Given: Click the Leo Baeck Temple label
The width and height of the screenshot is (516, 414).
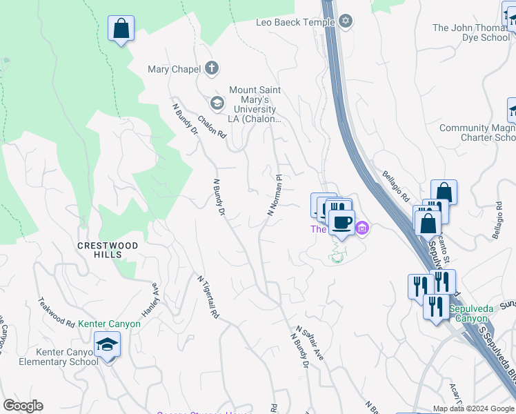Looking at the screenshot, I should pyautogui.click(x=295, y=22).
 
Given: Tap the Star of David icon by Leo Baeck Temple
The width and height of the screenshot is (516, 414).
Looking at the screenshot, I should pyautogui.click(x=346, y=22).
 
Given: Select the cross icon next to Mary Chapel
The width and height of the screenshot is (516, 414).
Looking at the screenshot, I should pyautogui.click(x=212, y=68).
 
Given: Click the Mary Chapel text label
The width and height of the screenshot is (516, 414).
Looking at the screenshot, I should pyautogui.click(x=174, y=69).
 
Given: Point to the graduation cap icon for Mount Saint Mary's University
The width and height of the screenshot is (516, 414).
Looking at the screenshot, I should pyautogui.click(x=217, y=103).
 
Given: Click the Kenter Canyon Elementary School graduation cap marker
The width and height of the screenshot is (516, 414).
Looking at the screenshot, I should pyautogui.click(x=108, y=344).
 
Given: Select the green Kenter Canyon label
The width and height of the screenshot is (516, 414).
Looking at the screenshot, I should pyautogui.click(x=109, y=324).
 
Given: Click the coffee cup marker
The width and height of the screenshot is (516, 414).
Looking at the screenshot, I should pyautogui.click(x=341, y=222).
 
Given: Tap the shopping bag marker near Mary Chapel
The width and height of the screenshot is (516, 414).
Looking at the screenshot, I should pyautogui.click(x=121, y=28).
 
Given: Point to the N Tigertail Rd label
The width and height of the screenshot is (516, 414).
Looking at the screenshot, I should pyautogui.click(x=208, y=297).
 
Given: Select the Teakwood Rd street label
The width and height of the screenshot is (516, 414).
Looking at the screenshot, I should pyautogui.click(x=57, y=312).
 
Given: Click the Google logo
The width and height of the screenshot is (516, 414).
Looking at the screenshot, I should pyautogui.click(x=23, y=406).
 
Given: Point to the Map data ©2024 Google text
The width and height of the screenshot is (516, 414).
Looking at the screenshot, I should pyautogui.click(x=474, y=408).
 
